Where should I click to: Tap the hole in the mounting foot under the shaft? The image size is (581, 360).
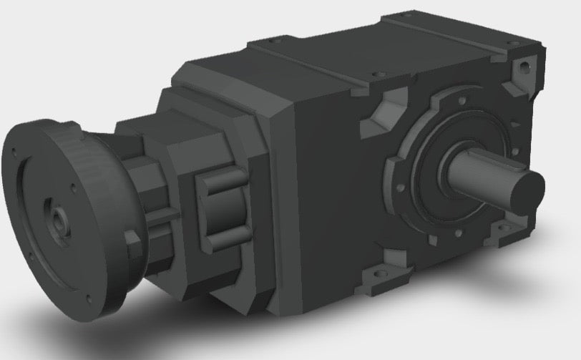(x=509, y=228)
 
